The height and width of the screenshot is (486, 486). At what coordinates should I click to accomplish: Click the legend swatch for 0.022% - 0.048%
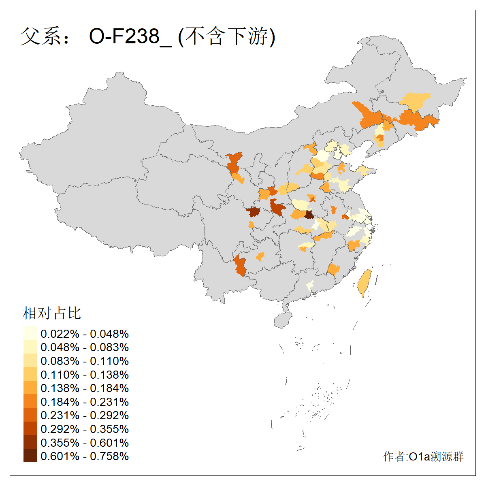pyautogui.click(x=30, y=334)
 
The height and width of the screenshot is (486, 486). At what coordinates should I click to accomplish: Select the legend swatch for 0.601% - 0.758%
pyautogui.click(x=30, y=456)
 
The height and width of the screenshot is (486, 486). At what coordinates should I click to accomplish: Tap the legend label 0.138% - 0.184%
pyautogui.click(x=85, y=388)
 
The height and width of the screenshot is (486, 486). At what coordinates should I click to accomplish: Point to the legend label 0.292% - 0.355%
pyautogui.click(x=85, y=429)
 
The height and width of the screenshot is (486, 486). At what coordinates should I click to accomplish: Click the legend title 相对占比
pyautogui.click(x=52, y=313)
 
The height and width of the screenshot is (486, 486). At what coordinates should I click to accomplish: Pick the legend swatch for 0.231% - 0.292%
pyautogui.click(x=30, y=415)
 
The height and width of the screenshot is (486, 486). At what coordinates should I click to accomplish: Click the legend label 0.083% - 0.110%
pyautogui.click(x=85, y=361)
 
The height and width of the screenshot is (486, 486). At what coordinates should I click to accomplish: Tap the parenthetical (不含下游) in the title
pyautogui.click(x=227, y=36)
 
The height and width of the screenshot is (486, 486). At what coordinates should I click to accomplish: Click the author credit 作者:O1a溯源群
pyautogui.click(x=423, y=456)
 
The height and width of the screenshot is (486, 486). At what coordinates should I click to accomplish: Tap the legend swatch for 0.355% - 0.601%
pyautogui.click(x=30, y=442)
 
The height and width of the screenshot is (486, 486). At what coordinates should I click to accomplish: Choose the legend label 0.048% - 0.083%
pyautogui.click(x=85, y=347)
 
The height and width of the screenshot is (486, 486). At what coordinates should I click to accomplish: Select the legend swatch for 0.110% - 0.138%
pyautogui.click(x=30, y=374)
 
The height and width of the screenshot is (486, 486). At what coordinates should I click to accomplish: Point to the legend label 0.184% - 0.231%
pyautogui.click(x=85, y=402)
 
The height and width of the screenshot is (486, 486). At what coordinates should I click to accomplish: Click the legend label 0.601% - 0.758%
pyautogui.click(x=85, y=456)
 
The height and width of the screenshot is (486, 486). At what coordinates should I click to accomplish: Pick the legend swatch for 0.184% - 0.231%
pyautogui.click(x=30, y=401)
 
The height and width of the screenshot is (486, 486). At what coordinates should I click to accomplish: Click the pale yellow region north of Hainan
pyautogui.click(x=310, y=285)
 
